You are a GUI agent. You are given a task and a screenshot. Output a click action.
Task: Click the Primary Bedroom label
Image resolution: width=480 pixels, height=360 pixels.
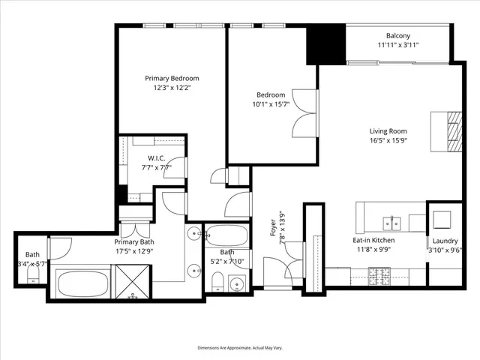tap(172, 78)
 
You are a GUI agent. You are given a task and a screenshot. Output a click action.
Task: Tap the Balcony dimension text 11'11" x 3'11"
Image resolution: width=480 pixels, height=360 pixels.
tap(397, 45)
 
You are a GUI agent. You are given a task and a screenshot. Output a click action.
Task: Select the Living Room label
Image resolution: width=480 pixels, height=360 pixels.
tap(388, 130)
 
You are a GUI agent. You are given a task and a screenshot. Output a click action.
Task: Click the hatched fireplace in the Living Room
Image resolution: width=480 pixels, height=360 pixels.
tap(451, 131)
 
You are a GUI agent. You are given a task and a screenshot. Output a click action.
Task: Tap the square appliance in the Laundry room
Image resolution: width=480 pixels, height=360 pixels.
tap(441, 218)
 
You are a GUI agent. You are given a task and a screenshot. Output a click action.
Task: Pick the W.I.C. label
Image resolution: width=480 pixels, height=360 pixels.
tap(156, 158)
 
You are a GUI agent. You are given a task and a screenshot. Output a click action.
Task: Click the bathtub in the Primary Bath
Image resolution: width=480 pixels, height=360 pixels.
tap(83, 284)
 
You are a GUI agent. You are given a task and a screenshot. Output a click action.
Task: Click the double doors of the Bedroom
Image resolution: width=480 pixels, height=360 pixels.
tap(305, 112)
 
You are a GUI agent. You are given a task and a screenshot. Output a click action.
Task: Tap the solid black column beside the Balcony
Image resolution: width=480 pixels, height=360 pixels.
tap(325, 45)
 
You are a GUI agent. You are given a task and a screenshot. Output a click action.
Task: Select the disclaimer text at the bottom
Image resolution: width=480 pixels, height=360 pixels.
tap(239, 349)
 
